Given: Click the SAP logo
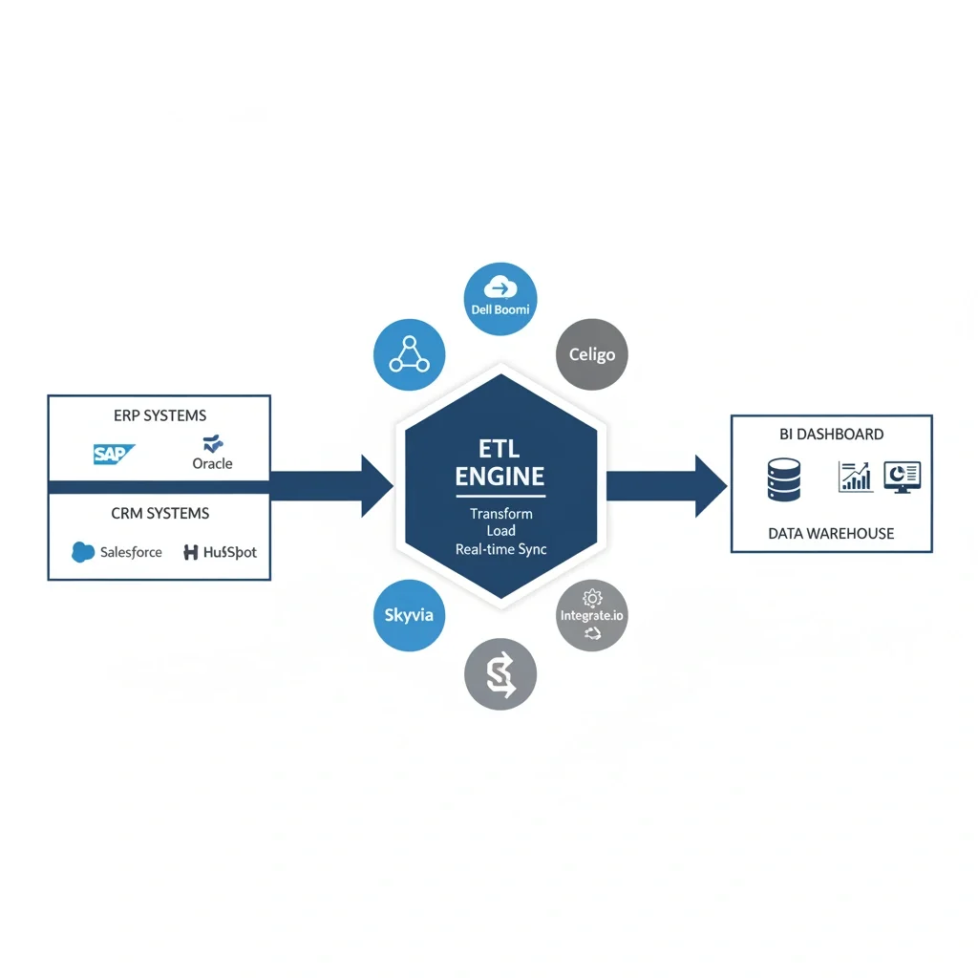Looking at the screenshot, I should click(x=115, y=454).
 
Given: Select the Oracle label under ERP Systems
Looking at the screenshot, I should click(x=212, y=463).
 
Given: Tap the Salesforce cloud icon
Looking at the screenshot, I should click(x=84, y=552).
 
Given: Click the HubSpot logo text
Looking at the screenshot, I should click(x=219, y=552).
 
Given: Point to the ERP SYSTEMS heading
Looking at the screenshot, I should click(x=159, y=415).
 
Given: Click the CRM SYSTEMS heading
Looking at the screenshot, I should click(x=159, y=514).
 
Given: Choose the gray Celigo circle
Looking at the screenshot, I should click(x=592, y=354).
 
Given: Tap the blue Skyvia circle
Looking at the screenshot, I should click(x=409, y=615).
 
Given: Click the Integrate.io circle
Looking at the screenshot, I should click(x=592, y=616).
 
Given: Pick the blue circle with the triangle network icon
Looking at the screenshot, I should click(x=410, y=354).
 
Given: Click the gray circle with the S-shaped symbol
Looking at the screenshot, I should click(x=500, y=674).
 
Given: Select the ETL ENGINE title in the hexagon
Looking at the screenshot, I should click(x=500, y=462).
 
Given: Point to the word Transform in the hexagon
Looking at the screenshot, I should click(x=501, y=514).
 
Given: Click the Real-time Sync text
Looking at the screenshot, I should click(x=501, y=549).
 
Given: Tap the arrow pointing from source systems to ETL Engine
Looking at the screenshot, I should click(x=334, y=486).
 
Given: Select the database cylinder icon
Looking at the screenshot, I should click(x=782, y=479).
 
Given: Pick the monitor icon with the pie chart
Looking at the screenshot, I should click(x=902, y=477).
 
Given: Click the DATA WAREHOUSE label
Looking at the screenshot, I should click(x=831, y=533).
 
